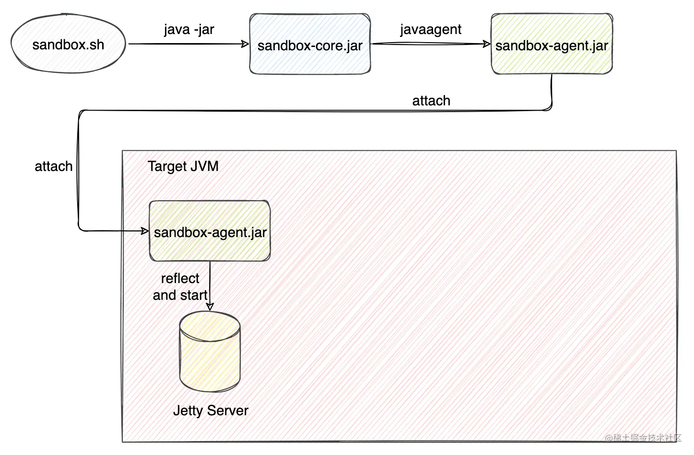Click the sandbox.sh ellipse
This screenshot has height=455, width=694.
68,44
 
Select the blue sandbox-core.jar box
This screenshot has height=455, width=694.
310,44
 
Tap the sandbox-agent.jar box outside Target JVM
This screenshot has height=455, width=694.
552,44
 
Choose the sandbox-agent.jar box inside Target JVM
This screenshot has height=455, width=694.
210,231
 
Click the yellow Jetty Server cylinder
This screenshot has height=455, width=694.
210,352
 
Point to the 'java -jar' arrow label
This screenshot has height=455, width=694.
189,30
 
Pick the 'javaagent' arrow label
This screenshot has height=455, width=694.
431,30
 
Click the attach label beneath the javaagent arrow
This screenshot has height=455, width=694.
431,101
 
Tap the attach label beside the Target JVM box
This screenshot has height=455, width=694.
54,166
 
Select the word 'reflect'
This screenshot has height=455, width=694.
180,278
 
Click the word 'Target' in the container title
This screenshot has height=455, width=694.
167,166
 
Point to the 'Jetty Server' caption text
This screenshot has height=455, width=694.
211,410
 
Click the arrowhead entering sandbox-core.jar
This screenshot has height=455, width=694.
245,44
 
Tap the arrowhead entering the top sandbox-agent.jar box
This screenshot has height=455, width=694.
487,44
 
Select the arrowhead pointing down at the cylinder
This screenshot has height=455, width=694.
210,307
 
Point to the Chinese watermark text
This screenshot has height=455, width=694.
643,438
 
